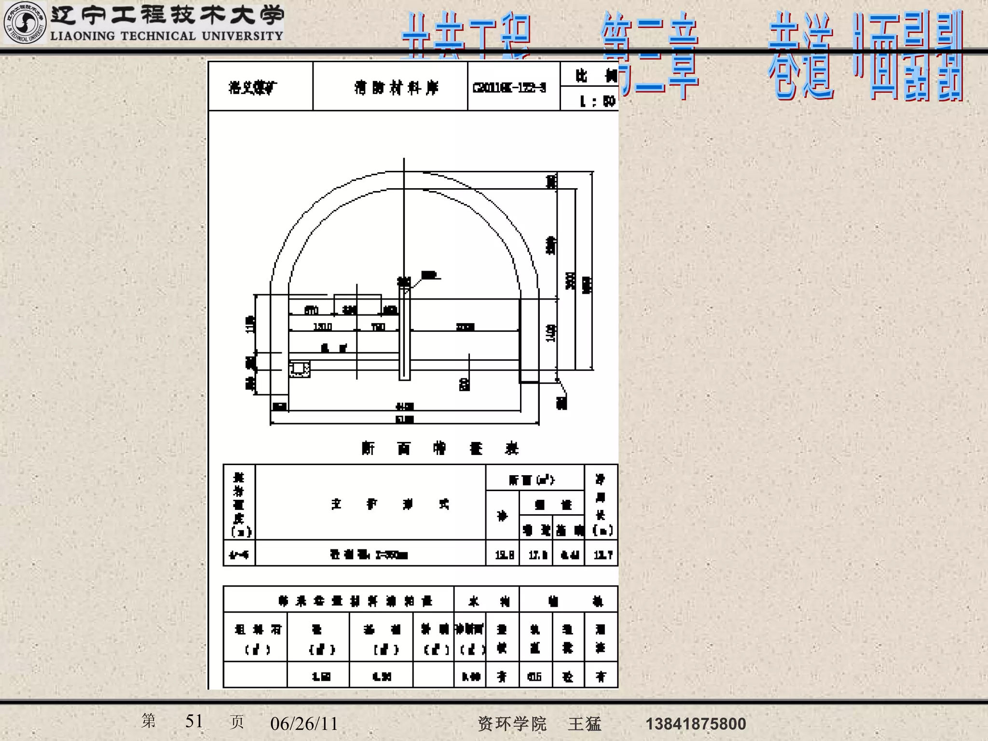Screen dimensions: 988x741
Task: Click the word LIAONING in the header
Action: click(x=82, y=36)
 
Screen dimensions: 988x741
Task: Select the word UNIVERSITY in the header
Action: click(x=242, y=36)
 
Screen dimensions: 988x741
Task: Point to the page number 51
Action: click(x=194, y=721)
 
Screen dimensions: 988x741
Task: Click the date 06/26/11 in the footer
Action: click(x=304, y=724)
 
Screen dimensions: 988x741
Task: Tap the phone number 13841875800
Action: click(x=696, y=724)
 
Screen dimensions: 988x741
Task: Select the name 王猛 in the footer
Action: click(x=585, y=724)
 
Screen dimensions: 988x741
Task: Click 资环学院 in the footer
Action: click(x=512, y=724)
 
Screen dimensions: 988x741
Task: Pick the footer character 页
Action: click(x=237, y=722)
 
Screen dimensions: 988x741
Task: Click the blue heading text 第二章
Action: click(x=650, y=55)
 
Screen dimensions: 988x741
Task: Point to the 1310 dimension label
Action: click(x=322, y=327)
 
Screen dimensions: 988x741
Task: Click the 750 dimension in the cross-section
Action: click(x=378, y=327)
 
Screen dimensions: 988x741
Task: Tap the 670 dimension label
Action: click(x=311, y=310)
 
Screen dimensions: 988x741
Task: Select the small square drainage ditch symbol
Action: click(x=299, y=369)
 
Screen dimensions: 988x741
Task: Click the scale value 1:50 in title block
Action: click(x=597, y=101)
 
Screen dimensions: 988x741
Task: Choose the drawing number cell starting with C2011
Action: click(x=509, y=88)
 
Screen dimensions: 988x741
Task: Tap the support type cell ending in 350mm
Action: click(x=369, y=555)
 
